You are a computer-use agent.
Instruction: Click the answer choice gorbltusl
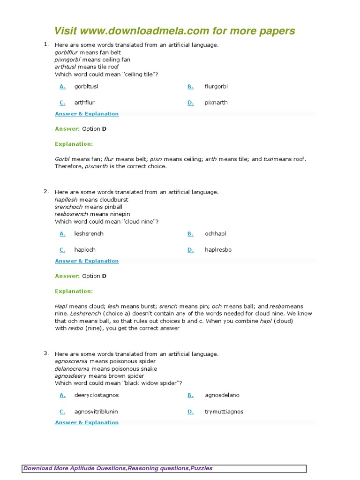[86, 87]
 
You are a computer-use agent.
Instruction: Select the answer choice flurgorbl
[216, 87]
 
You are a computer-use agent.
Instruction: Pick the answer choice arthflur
[84, 103]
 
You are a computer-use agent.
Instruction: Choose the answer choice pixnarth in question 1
[216, 103]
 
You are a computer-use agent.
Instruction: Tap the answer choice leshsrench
[89, 234]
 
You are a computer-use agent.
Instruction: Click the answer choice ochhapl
[215, 234]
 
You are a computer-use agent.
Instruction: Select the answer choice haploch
[85, 250]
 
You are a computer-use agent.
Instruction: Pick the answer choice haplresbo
[218, 250]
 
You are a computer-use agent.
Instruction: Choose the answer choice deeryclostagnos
[97, 395]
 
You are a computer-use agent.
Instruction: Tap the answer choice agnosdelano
[222, 395]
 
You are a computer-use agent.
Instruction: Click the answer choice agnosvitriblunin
[96, 412]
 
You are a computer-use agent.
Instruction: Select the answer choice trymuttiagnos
[224, 412]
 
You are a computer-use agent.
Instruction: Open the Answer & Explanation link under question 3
[87, 423]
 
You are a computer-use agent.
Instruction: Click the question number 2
[46, 191]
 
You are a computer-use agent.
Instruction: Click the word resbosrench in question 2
[71, 214]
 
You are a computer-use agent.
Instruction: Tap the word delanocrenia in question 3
[72, 369]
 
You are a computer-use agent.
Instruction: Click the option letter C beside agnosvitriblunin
[62, 412]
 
